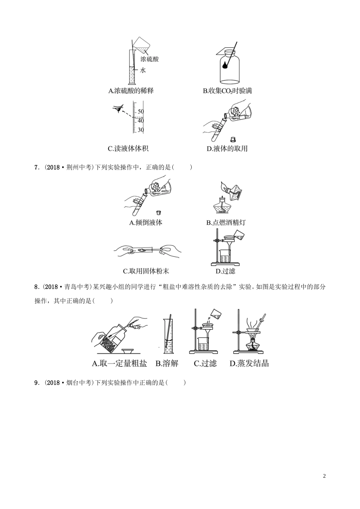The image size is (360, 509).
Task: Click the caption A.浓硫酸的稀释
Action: point(131,91)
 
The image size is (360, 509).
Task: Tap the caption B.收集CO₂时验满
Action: point(227,91)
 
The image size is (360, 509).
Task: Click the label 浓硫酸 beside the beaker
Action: point(149,59)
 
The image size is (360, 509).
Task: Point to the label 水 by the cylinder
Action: point(143,70)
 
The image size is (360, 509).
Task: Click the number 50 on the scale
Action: point(141,112)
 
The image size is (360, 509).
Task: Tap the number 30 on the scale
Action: point(141,130)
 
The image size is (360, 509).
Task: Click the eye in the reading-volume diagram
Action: point(118,109)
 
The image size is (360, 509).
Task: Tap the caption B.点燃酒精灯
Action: point(225,223)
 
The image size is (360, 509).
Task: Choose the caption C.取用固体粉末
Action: point(146,271)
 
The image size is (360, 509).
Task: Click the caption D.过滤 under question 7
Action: point(225,271)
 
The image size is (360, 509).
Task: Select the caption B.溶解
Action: point(167,364)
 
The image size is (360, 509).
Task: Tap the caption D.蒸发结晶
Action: point(249,364)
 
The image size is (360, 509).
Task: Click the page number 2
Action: point(324,476)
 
